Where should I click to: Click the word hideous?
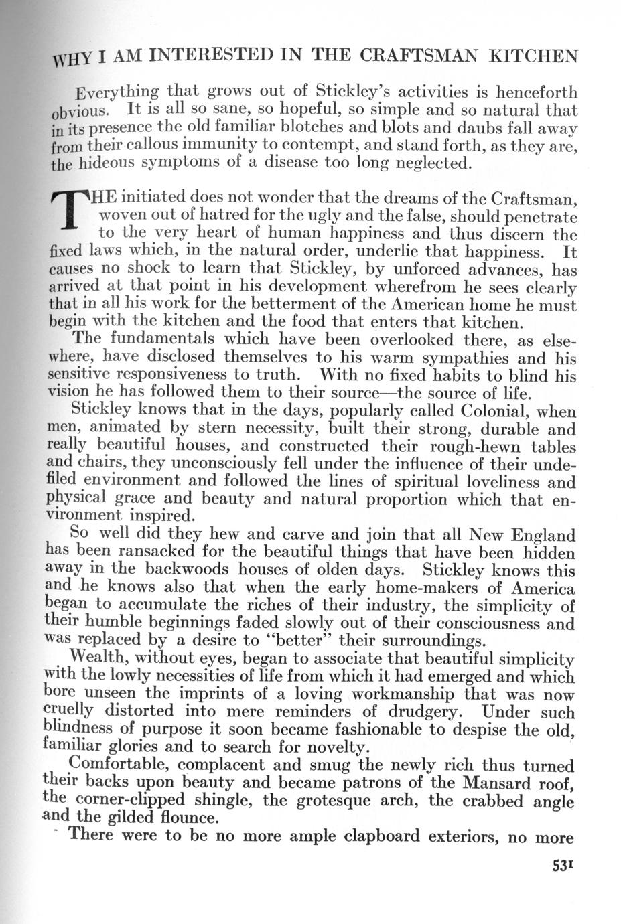pos(107,163)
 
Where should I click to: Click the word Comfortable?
pos(121,765)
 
